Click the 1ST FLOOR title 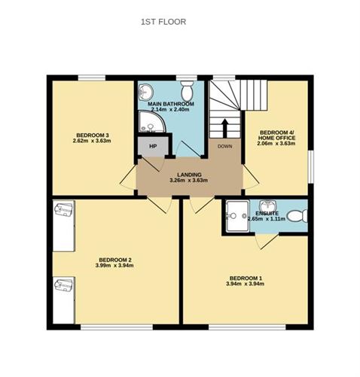point(163,22)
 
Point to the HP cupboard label point(152,146)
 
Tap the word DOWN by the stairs point(225,146)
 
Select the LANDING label point(188,175)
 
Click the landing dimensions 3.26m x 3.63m point(188,181)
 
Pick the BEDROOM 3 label point(92,135)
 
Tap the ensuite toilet point(299,217)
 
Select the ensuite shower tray point(239,216)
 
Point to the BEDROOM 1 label point(246,278)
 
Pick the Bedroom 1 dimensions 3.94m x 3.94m point(246,284)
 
